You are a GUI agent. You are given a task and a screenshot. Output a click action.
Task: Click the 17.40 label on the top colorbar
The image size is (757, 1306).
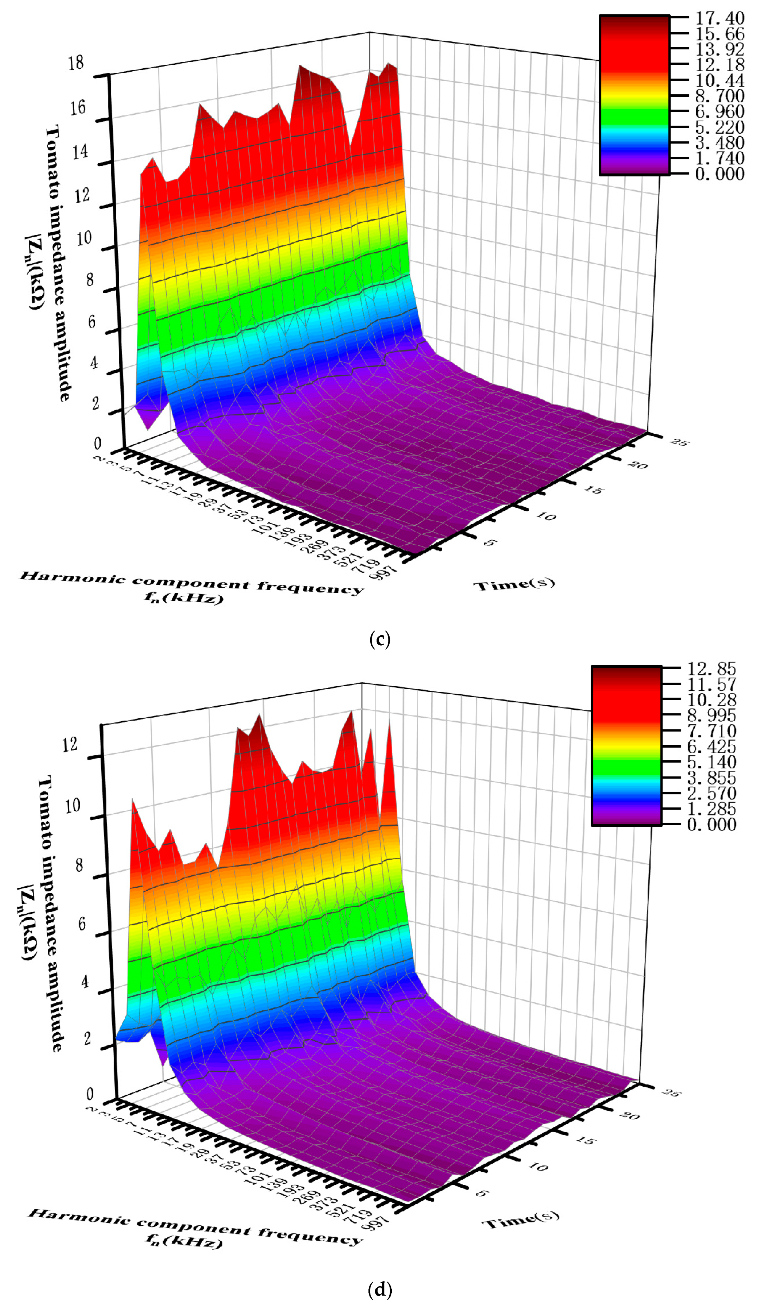point(719,18)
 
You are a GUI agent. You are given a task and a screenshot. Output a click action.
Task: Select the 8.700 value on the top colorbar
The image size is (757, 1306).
point(719,96)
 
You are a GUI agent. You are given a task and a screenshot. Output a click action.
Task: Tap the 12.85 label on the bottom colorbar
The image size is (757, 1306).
point(711,669)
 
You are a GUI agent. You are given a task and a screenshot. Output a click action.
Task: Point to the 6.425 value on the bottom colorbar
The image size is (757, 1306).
point(711,746)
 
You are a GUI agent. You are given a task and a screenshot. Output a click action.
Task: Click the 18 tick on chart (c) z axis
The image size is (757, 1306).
point(76,63)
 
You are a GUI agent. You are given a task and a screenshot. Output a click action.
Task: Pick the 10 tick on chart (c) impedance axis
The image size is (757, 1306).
point(83,238)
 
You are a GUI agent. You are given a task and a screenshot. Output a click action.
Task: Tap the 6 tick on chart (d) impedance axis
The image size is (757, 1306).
point(81,924)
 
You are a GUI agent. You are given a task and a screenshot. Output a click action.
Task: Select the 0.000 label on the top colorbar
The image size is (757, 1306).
point(719,174)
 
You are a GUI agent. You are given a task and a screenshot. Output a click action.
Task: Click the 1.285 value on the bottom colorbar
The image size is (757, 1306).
point(711,809)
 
